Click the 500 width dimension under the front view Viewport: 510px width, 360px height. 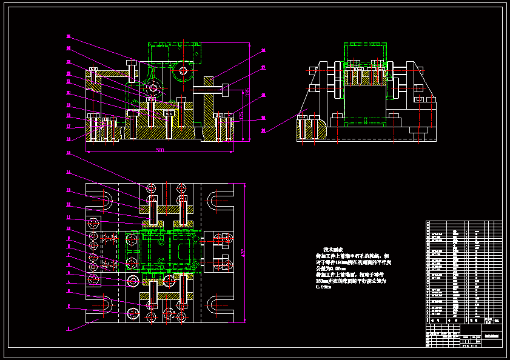tap(159, 150)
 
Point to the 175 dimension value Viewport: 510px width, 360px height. tap(241, 115)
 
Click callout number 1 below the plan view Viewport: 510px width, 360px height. tap(69, 328)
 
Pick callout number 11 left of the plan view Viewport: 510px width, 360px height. tap(69, 218)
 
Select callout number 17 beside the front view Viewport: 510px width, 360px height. tap(69, 127)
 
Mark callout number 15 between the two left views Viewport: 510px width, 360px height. tap(69, 153)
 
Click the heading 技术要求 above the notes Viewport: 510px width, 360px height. tap(333, 249)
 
